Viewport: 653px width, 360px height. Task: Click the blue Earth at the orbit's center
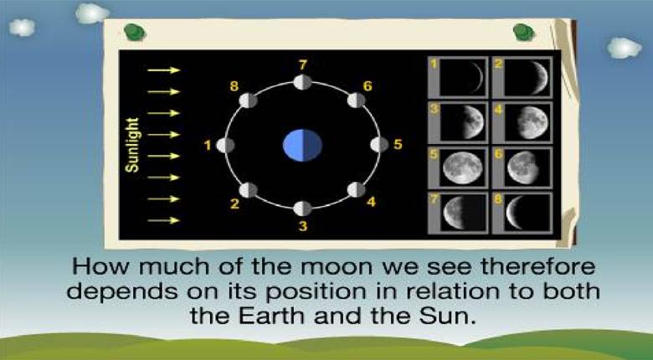click(x=302, y=145)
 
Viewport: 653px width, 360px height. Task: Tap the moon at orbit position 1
click(x=225, y=146)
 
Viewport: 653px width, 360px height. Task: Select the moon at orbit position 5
click(x=379, y=145)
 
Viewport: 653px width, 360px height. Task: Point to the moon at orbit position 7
click(x=302, y=82)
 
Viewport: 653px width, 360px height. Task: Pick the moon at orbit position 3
click(x=302, y=208)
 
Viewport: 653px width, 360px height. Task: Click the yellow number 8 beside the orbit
click(x=234, y=86)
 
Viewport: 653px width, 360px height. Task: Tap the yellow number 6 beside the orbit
click(x=368, y=86)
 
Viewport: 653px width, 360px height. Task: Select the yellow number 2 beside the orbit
click(x=235, y=204)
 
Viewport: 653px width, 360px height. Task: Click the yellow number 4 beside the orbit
click(x=371, y=202)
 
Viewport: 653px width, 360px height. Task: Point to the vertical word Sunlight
click(x=132, y=145)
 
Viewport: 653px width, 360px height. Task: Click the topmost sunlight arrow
click(x=163, y=70)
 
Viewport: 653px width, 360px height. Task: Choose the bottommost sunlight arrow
click(x=163, y=220)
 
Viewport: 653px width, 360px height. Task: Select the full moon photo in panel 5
click(x=463, y=167)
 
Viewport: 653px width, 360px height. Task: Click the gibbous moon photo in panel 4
click(x=532, y=122)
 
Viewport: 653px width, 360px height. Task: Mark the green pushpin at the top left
click(x=135, y=32)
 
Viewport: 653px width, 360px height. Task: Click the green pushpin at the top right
click(x=523, y=32)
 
